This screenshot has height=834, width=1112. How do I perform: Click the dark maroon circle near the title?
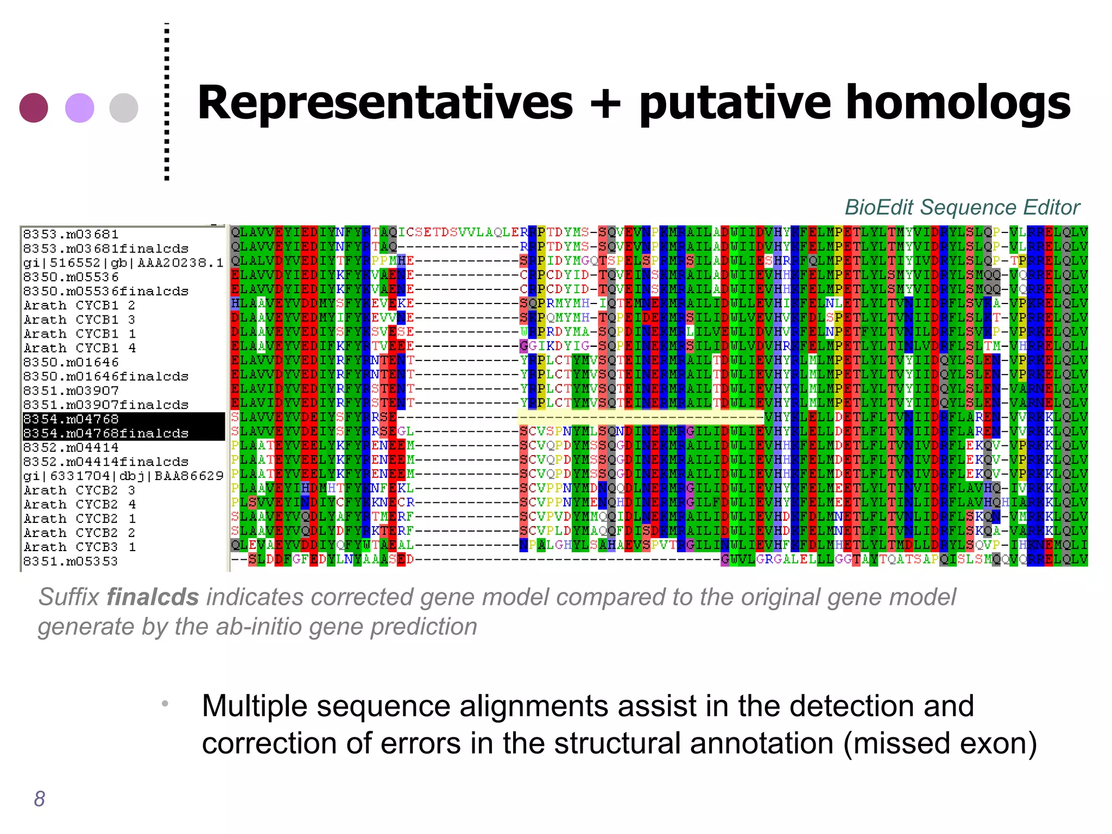pyautogui.click(x=34, y=108)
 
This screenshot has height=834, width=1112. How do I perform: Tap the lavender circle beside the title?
pyautogui.click(x=79, y=108)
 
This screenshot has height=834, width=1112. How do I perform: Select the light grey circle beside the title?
pyautogui.click(x=124, y=108)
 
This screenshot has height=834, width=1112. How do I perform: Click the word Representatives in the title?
pyautogui.click(x=385, y=103)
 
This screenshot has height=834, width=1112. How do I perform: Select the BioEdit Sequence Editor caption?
pyautogui.click(x=962, y=207)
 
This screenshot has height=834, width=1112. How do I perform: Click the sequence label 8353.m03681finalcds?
pyautogui.click(x=106, y=249)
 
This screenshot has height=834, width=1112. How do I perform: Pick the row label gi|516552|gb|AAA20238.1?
pyautogui.click(x=123, y=263)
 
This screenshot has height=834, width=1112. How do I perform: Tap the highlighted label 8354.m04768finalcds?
pyautogui.click(x=106, y=433)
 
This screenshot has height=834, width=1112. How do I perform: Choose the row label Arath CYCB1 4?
pyautogui.click(x=79, y=348)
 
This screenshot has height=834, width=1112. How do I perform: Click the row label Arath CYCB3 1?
pyautogui.click(x=79, y=547)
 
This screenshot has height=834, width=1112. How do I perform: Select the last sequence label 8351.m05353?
pyautogui.click(x=71, y=561)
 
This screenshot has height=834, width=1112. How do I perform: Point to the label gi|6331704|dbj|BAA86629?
pyautogui.click(x=123, y=476)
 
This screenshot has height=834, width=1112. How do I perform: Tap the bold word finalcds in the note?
pyautogui.click(x=153, y=597)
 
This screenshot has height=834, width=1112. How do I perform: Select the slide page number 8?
pyautogui.click(x=40, y=799)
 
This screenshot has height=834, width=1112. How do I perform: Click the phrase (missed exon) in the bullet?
pyautogui.click(x=940, y=743)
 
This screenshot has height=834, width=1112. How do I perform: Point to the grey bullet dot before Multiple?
pyautogui.click(x=165, y=704)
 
